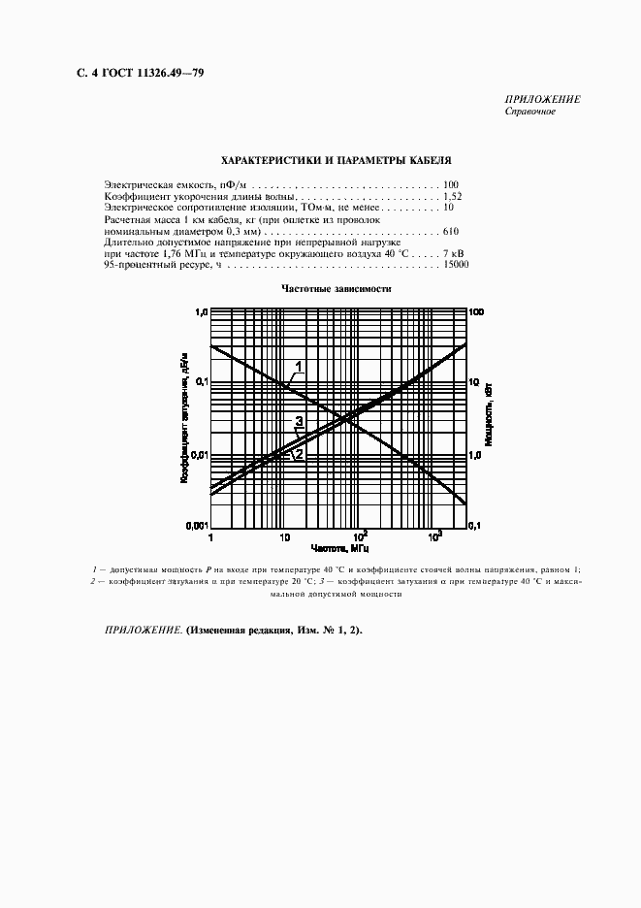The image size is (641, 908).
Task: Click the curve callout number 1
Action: click(301, 365)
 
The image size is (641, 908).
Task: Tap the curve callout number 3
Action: click(300, 421)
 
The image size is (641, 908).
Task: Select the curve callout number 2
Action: click(299, 453)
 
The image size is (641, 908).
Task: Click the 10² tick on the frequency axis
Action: click(361, 535)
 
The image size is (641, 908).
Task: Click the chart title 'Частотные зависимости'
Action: click(336, 288)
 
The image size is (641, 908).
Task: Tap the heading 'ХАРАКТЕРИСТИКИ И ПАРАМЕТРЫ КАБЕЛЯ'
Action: click(336, 159)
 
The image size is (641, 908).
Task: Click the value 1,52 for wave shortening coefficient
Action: click(452, 196)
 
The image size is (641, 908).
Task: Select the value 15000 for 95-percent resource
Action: click(456, 264)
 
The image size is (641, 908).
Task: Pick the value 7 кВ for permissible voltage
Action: click(453, 252)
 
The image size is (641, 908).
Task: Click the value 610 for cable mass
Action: click(450, 232)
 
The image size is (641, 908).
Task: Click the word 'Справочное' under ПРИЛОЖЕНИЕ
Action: click(529, 112)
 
